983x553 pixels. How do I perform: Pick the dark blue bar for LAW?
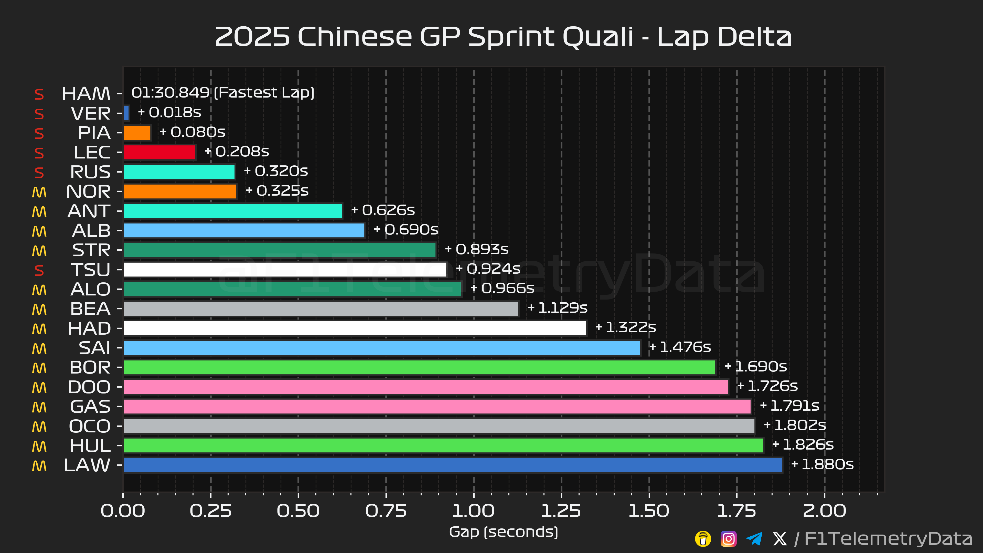453,465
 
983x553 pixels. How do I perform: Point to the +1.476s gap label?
680,347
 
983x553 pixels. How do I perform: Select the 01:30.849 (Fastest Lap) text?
223,93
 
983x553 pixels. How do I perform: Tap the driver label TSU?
91,270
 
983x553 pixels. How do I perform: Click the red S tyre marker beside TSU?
39,270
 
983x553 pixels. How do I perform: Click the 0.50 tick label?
298,511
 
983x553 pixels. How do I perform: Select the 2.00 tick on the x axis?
824,511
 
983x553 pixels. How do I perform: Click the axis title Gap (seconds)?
503,532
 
